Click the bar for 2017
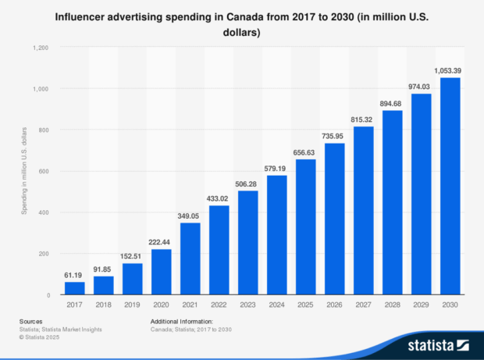75,288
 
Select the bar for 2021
190,258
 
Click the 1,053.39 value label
450,70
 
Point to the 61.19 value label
75,275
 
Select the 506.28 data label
248,184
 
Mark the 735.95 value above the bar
335,136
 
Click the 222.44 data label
162,242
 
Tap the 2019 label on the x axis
133,306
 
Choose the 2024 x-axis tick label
277,306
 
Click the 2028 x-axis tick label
393,306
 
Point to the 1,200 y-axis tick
41,48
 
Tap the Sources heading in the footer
32,321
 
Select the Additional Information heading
180,321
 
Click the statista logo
437,344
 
